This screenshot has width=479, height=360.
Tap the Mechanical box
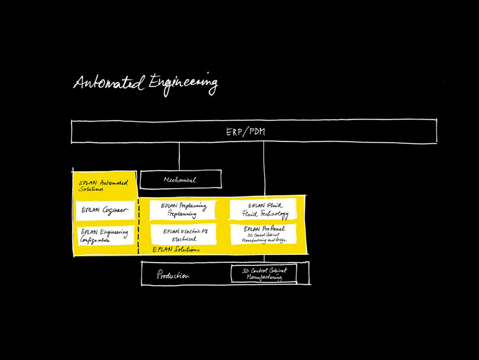[x=180, y=180]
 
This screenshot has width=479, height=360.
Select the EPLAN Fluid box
[x=264, y=210]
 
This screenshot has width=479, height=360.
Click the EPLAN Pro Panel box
[x=264, y=234]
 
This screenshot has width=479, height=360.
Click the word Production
[x=173, y=276]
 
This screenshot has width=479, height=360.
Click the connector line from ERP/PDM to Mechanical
[x=180, y=157]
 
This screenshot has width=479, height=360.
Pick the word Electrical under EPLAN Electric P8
[x=180, y=239]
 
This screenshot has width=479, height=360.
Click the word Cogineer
[x=116, y=210]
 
